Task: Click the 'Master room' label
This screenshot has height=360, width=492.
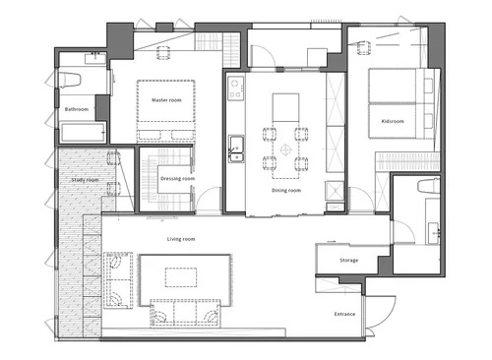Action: point(166,100)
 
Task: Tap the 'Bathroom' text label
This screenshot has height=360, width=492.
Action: point(77,109)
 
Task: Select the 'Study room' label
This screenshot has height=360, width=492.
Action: point(85,180)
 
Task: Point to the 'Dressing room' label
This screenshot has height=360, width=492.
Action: point(177,179)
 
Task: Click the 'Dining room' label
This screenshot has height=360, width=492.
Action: point(286,190)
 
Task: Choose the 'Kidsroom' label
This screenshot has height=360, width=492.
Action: point(393,121)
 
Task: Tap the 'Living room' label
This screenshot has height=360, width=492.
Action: point(181,239)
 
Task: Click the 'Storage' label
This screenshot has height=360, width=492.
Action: point(348,261)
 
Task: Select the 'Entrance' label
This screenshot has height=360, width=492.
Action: point(344,314)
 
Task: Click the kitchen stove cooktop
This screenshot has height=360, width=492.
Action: point(236,89)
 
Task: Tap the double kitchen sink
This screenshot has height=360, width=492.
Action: point(236,149)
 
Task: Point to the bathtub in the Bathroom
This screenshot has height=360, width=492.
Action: point(84,132)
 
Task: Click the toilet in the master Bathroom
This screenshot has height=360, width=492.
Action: point(70,81)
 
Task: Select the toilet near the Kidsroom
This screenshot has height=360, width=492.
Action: point(429,186)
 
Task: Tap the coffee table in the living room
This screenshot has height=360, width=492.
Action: point(181,277)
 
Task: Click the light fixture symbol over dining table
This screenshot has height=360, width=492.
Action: point(286,150)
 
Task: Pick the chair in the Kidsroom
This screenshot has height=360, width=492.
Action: point(363,48)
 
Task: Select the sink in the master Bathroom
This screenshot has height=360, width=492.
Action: point(95,58)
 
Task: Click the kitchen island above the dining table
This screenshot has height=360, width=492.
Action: point(285,107)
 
